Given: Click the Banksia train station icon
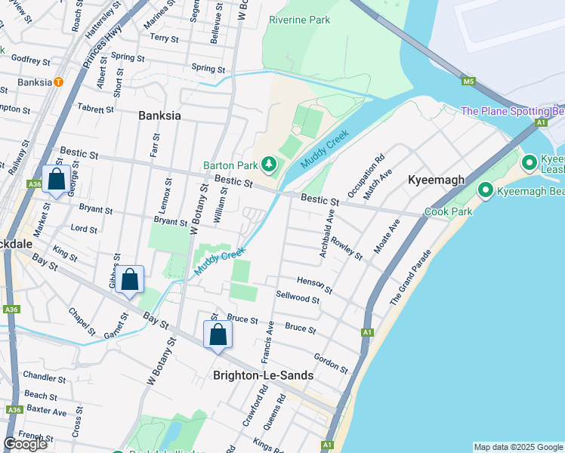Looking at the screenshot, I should pyautogui.click(x=58, y=82).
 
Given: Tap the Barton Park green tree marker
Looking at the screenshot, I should pyautogui.click(x=268, y=164).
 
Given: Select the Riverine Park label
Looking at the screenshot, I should pyautogui.click(x=300, y=20).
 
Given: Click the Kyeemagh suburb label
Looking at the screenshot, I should pyautogui.click(x=434, y=180).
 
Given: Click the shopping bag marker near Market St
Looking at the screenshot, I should pyautogui.click(x=57, y=180).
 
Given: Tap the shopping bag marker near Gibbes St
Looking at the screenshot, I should pyautogui.click(x=130, y=280).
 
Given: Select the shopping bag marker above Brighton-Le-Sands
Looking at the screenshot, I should pyautogui.click(x=218, y=334).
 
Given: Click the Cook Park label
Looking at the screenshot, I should pyautogui.click(x=448, y=211).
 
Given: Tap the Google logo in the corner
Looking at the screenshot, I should pyautogui.click(x=26, y=444).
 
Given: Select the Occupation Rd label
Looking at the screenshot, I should pyautogui.click(x=369, y=177).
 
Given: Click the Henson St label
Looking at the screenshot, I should pyautogui.click(x=314, y=285).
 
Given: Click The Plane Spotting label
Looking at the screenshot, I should pyautogui.click(x=512, y=111).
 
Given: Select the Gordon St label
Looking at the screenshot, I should pyautogui.click(x=331, y=364).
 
